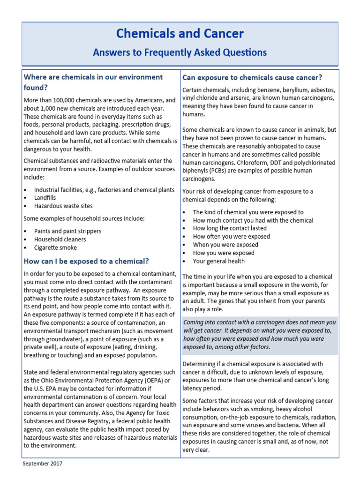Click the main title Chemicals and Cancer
(x=180, y=34)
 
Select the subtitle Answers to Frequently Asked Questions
(x=180, y=52)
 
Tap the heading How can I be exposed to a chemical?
(x=86, y=261)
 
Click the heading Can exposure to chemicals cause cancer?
(x=252, y=77)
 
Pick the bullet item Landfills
(x=45, y=198)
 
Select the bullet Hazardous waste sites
(x=63, y=206)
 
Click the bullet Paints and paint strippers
(x=67, y=231)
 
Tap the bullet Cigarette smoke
(x=55, y=247)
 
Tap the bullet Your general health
(x=218, y=261)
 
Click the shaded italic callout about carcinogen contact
(x=259, y=335)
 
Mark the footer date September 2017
(x=42, y=464)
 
